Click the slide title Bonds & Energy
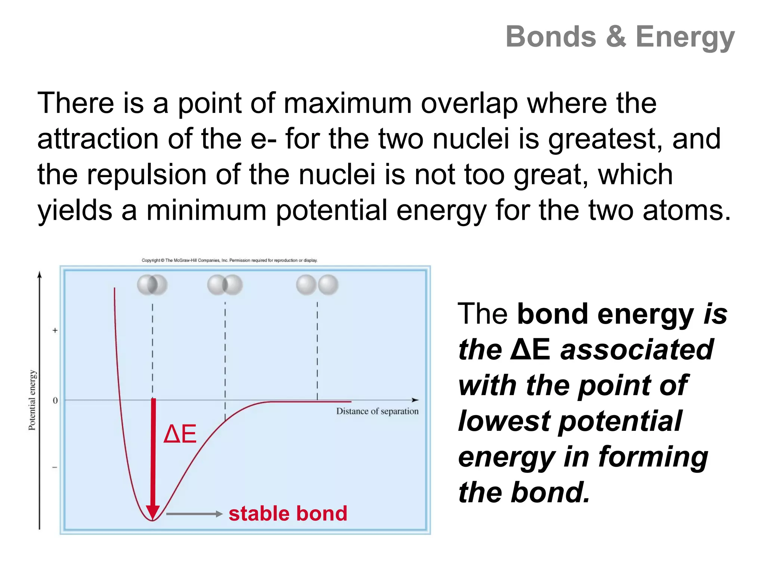620,37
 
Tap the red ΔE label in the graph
180,434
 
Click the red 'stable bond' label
288,513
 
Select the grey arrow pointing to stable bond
194,514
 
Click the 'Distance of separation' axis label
377,411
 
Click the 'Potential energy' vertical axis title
32,400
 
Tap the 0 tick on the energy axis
55,401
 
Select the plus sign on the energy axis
55,330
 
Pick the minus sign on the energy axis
55,467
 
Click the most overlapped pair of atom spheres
152,285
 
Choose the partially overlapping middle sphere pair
225,285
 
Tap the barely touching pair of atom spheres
317,285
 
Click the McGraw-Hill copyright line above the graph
229,260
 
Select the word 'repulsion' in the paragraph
146,175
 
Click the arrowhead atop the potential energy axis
40,275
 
